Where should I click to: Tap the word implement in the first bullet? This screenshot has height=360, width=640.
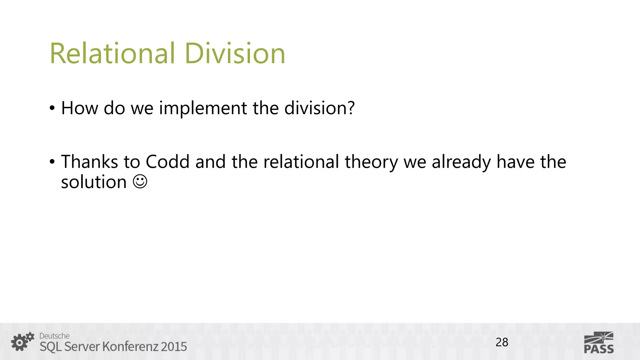click(x=203, y=108)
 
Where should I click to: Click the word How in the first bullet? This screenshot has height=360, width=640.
click(x=79, y=108)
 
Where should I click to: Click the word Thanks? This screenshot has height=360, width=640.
click(x=89, y=162)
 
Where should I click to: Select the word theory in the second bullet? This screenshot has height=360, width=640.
click(x=371, y=162)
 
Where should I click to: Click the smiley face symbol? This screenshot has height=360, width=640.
click(x=140, y=182)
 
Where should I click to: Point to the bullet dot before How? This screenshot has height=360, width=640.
click(x=52, y=109)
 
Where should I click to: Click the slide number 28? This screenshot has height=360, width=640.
click(x=502, y=342)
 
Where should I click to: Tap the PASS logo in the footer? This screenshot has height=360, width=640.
click(x=598, y=343)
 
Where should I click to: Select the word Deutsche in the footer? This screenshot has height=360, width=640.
click(x=54, y=336)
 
